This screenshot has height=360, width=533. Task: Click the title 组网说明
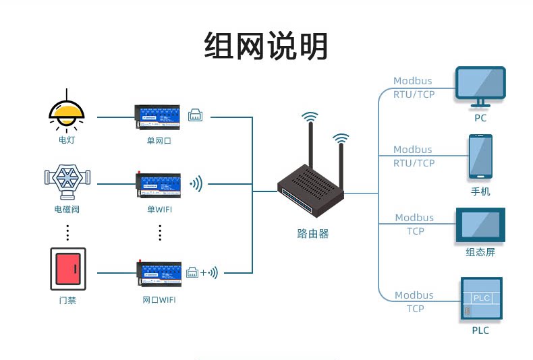266,47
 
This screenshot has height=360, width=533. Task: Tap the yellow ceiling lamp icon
67,111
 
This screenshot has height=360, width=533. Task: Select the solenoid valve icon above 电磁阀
67,180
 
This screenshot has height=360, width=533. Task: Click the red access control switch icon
67,268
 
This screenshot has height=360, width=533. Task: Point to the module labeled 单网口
159,117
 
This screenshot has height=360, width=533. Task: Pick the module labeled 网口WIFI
159,271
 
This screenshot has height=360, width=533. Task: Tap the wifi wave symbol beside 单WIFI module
196,183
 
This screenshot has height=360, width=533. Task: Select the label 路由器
313,234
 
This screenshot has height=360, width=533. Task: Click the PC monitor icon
480,86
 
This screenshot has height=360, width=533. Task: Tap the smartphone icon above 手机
480,156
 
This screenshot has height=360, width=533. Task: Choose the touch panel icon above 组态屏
480,225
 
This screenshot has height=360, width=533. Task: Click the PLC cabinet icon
480,298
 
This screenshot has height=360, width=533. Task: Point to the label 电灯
67,142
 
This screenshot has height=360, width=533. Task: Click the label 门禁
67,300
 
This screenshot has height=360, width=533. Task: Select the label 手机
480,191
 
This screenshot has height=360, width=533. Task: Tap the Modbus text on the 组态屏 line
415,218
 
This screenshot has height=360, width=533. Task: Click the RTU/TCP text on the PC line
414,94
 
